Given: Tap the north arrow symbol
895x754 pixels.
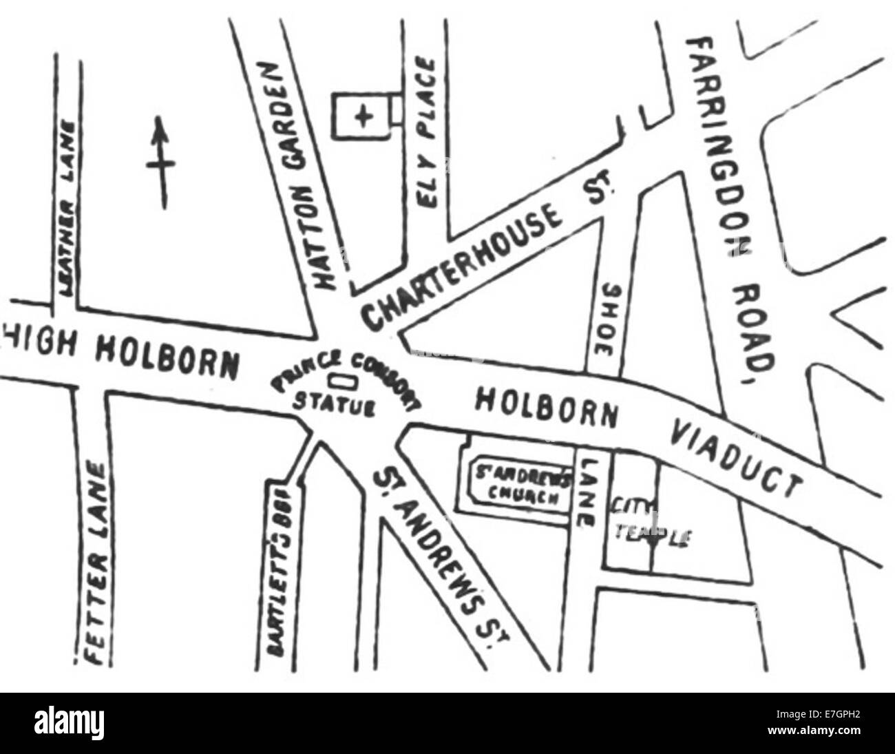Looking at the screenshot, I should tap(161, 164).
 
